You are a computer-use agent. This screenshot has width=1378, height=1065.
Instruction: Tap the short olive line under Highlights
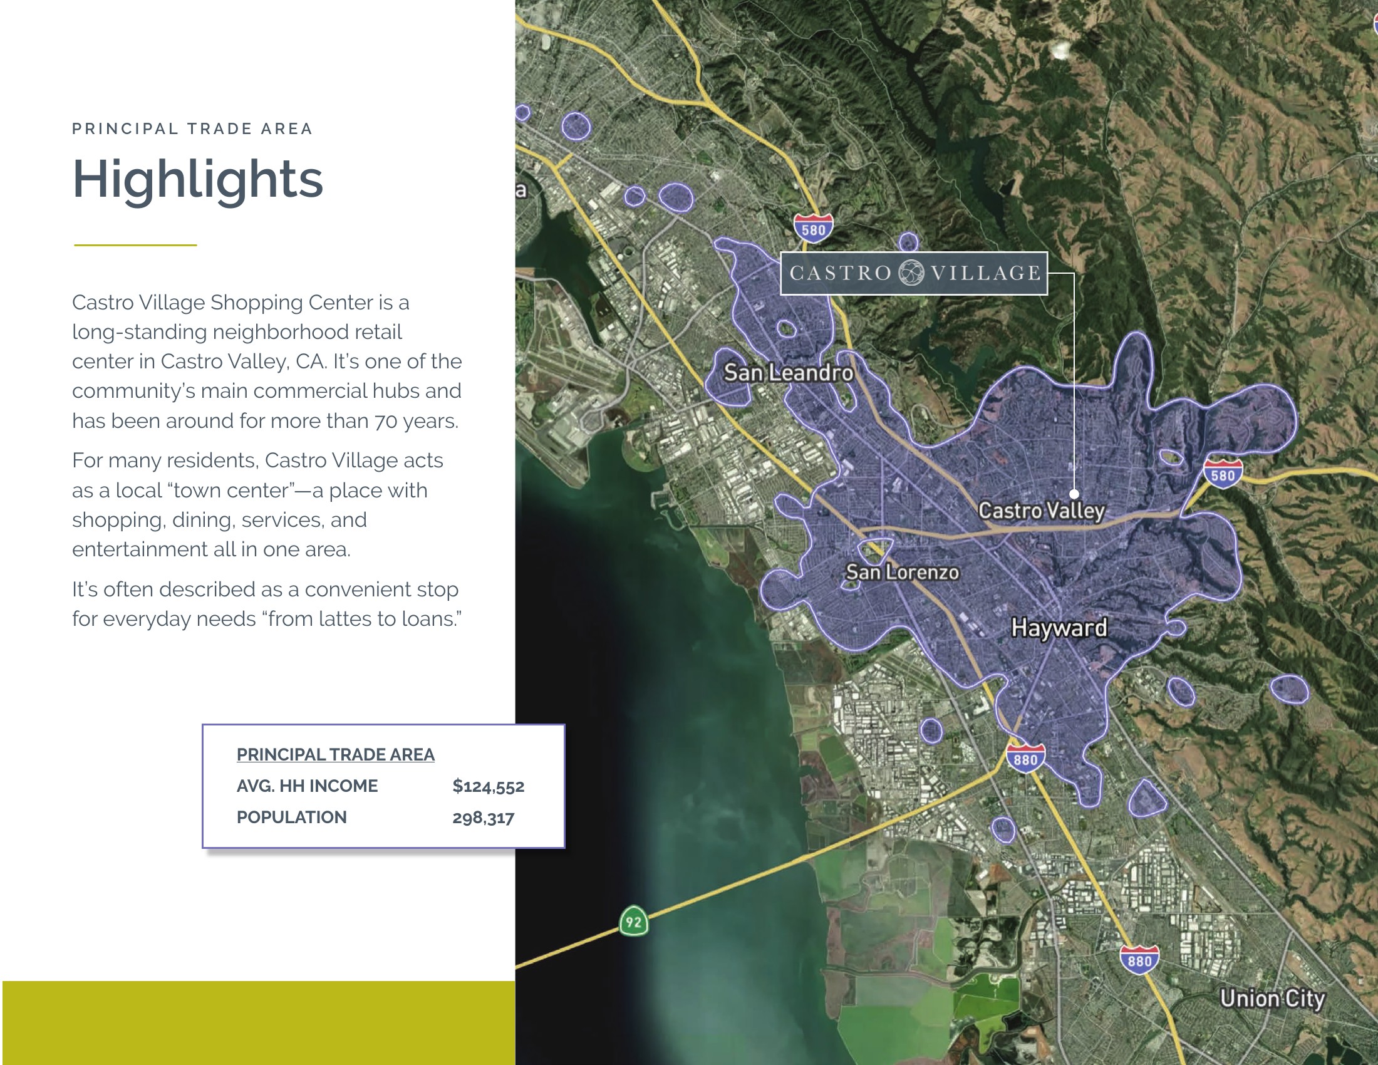(135, 245)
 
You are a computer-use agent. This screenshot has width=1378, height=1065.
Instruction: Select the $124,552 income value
(489, 786)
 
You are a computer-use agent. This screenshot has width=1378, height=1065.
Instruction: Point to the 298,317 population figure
(484, 818)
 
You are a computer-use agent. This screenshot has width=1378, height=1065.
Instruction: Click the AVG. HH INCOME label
(308, 786)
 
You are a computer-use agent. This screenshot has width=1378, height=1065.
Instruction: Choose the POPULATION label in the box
(291, 817)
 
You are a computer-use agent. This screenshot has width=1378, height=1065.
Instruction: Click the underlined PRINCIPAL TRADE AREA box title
(336, 755)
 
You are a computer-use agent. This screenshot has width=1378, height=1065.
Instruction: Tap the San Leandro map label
(788, 372)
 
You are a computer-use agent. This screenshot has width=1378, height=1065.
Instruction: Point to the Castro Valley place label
(1041, 511)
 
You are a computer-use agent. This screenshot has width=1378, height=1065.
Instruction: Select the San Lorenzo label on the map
(902, 572)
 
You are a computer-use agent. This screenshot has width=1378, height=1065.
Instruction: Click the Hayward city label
(1059, 628)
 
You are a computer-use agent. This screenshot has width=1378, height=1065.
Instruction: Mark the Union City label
(1272, 998)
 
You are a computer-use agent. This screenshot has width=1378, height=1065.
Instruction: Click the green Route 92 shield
(633, 921)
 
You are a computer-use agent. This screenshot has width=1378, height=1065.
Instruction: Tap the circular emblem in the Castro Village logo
(911, 273)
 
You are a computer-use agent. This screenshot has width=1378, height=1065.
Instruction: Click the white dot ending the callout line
(1074, 494)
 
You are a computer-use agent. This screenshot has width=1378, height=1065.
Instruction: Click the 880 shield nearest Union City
(1139, 959)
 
